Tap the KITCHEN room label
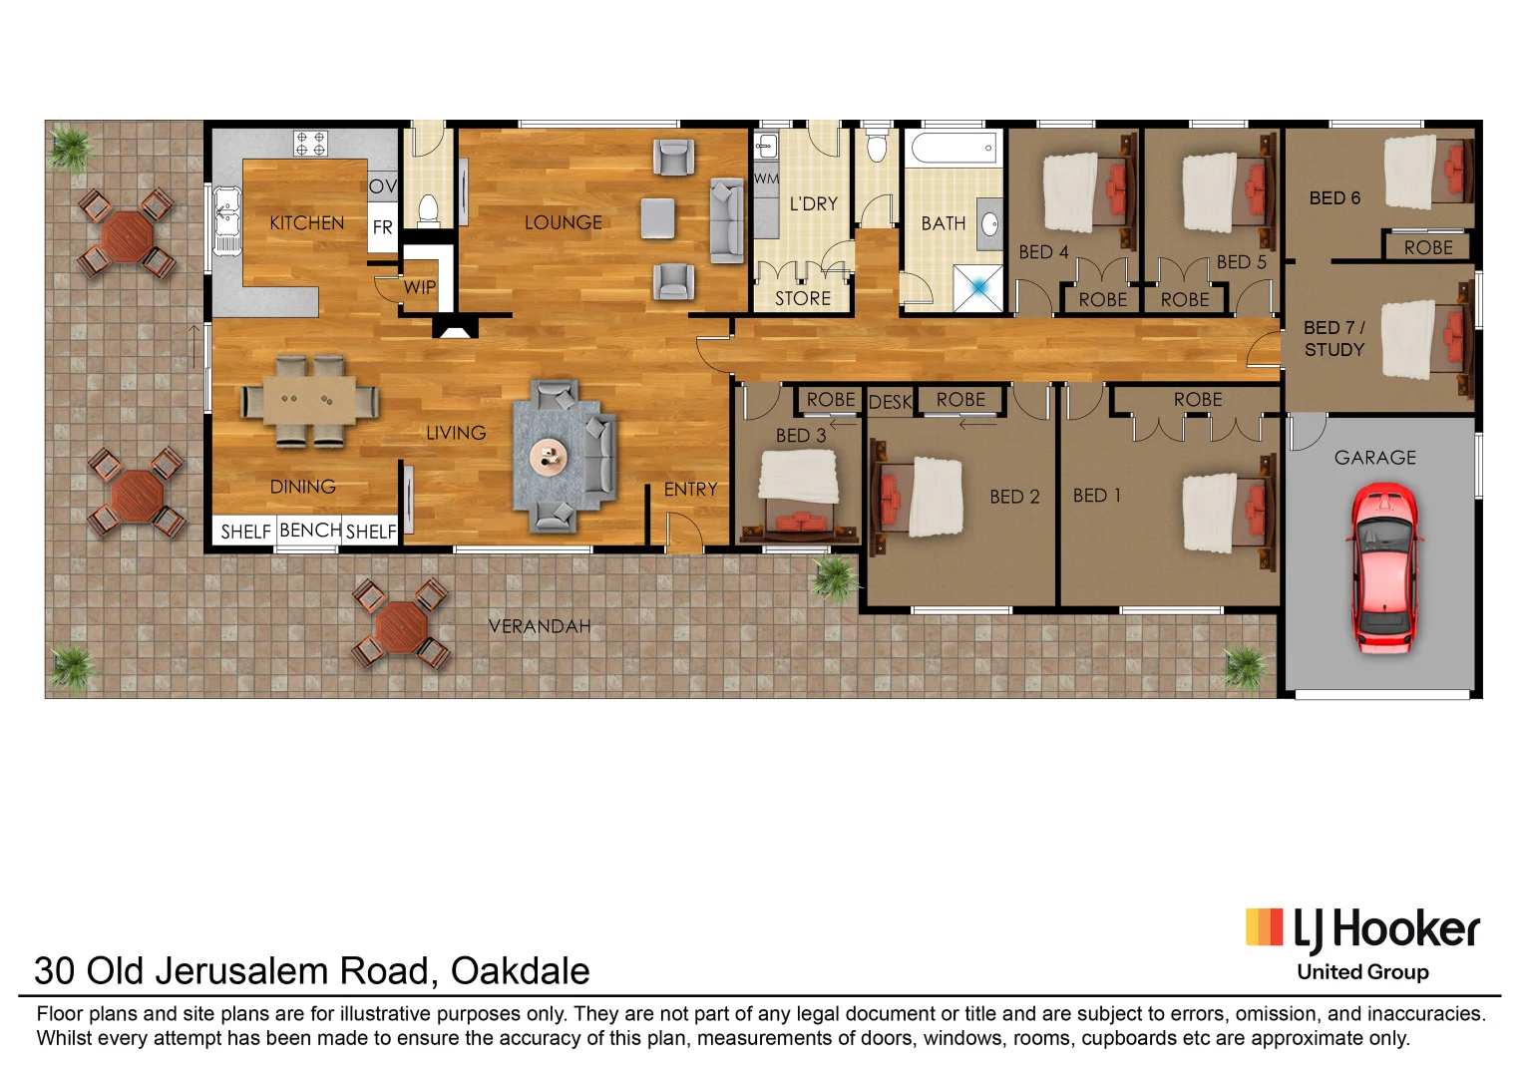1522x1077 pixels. (306, 223)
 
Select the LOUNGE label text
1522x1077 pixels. (564, 223)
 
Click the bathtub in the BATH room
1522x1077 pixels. (952, 148)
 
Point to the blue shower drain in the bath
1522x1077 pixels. (979, 287)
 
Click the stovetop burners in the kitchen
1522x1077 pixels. (310, 144)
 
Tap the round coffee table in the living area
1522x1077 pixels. (548, 457)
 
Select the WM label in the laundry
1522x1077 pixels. (766, 179)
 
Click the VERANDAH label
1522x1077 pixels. (540, 626)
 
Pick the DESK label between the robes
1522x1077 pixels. (890, 402)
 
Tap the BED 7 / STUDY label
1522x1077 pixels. (1333, 339)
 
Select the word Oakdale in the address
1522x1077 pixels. (520, 970)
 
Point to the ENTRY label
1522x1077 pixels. (690, 490)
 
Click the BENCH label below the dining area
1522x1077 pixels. (310, 531)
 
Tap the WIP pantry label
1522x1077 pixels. (420, 287)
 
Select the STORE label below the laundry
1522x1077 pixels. (803, 298)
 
